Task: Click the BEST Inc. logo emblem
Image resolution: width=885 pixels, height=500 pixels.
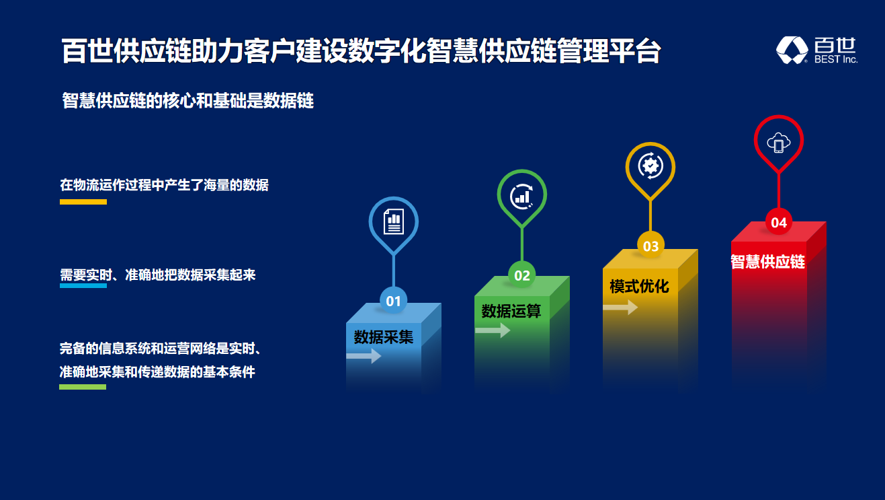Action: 792,50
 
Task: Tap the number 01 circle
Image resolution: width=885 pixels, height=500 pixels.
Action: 394,301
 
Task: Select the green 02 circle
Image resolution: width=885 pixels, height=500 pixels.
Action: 522,275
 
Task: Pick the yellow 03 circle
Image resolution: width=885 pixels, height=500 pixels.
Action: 650,246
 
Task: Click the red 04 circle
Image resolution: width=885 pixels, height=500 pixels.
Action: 779,222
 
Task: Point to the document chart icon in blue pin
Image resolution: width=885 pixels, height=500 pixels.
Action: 394,221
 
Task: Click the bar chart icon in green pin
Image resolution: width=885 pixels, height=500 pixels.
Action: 522,197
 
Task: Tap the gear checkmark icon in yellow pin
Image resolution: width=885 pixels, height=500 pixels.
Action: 650,166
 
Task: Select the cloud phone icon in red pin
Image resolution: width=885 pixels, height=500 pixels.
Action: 779,143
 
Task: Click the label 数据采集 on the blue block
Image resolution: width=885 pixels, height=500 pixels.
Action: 383,337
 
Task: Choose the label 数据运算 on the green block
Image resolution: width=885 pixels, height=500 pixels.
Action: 511,312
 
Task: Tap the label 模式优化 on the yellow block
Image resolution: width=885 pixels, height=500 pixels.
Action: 639,287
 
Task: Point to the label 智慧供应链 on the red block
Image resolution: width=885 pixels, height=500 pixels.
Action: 767,262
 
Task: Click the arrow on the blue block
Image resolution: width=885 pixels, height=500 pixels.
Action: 364,355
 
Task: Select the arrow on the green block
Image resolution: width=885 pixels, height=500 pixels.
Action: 493,330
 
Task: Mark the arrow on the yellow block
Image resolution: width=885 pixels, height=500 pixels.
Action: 620,307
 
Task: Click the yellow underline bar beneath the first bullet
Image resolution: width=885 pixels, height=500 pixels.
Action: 83,202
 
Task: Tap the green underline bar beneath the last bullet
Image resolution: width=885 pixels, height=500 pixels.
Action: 83,387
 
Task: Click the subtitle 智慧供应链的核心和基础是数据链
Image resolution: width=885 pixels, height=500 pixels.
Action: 187,100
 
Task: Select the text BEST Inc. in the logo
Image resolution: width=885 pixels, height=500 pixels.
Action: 836,59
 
